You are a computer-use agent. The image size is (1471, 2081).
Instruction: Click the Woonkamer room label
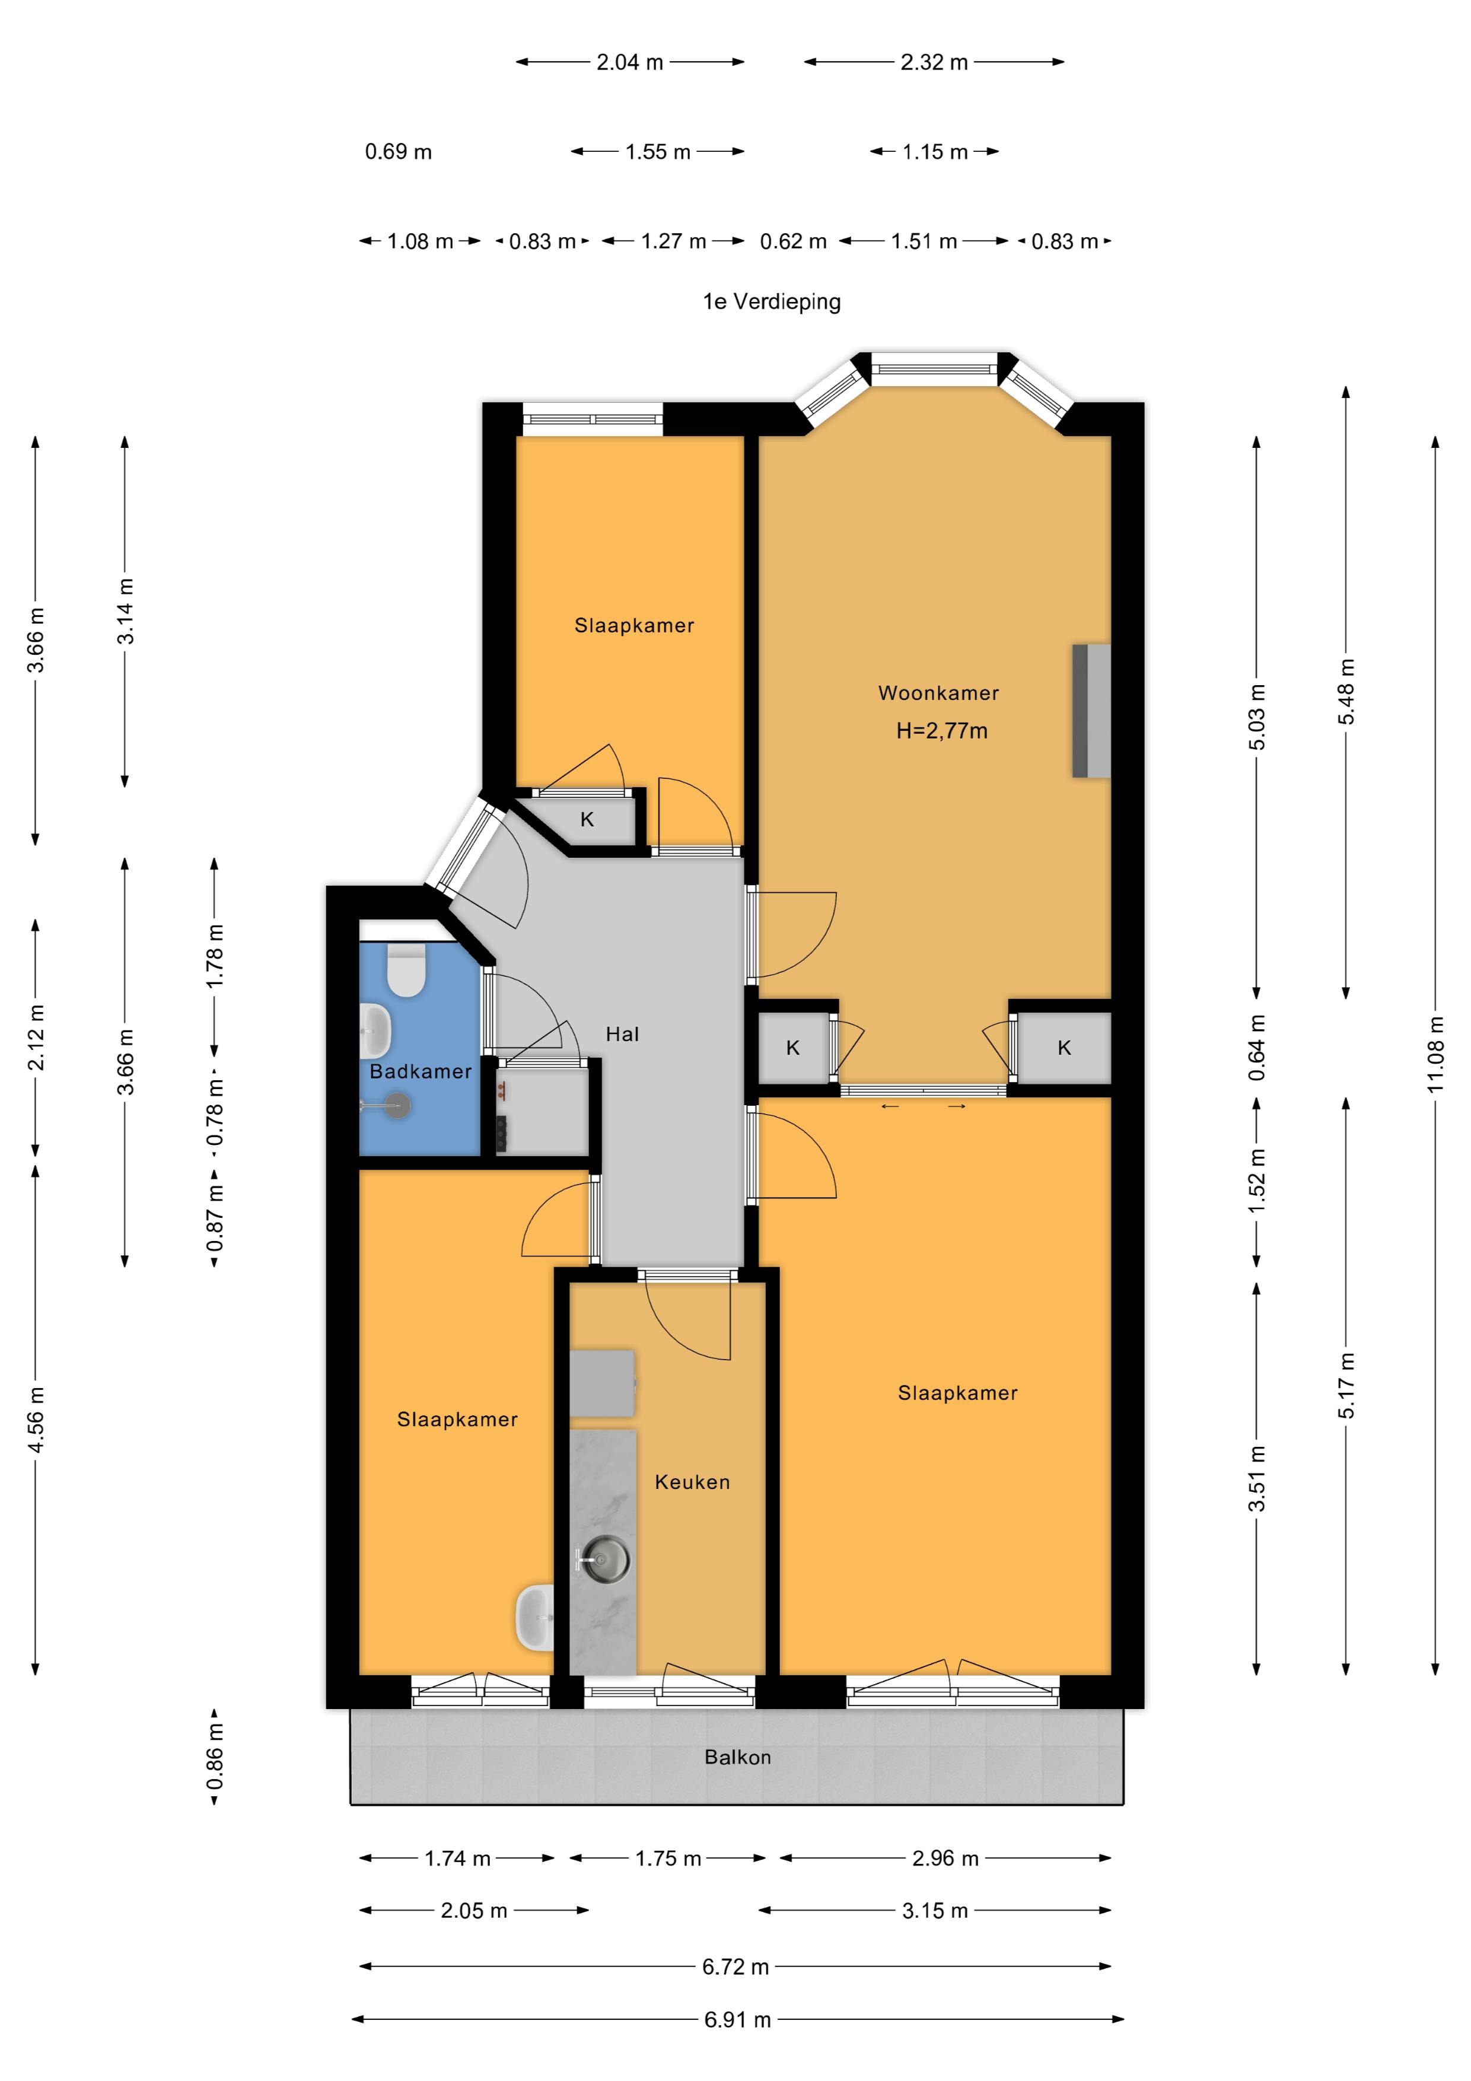[938, 693]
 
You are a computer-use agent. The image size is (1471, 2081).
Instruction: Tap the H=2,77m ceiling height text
[942, 730]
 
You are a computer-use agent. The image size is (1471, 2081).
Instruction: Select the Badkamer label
[421, 1071]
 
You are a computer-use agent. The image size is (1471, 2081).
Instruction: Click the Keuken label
[692, 1482]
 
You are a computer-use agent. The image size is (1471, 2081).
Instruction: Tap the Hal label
[623, 1034]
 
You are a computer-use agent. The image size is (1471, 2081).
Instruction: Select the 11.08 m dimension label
[1435, 1054]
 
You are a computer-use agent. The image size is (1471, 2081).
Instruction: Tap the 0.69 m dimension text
[398, 151]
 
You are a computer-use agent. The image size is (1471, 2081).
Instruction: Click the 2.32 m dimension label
[934, 62]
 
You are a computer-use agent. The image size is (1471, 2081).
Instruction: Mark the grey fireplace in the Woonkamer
[1091, 711]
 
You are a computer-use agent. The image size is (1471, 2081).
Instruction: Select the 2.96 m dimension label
[945, 1858]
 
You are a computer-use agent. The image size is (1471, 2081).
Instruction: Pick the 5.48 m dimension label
[1346, 692]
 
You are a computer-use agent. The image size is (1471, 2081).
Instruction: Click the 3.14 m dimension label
[125, 612]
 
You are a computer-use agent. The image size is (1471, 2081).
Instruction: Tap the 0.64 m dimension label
[1256, 1048]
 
